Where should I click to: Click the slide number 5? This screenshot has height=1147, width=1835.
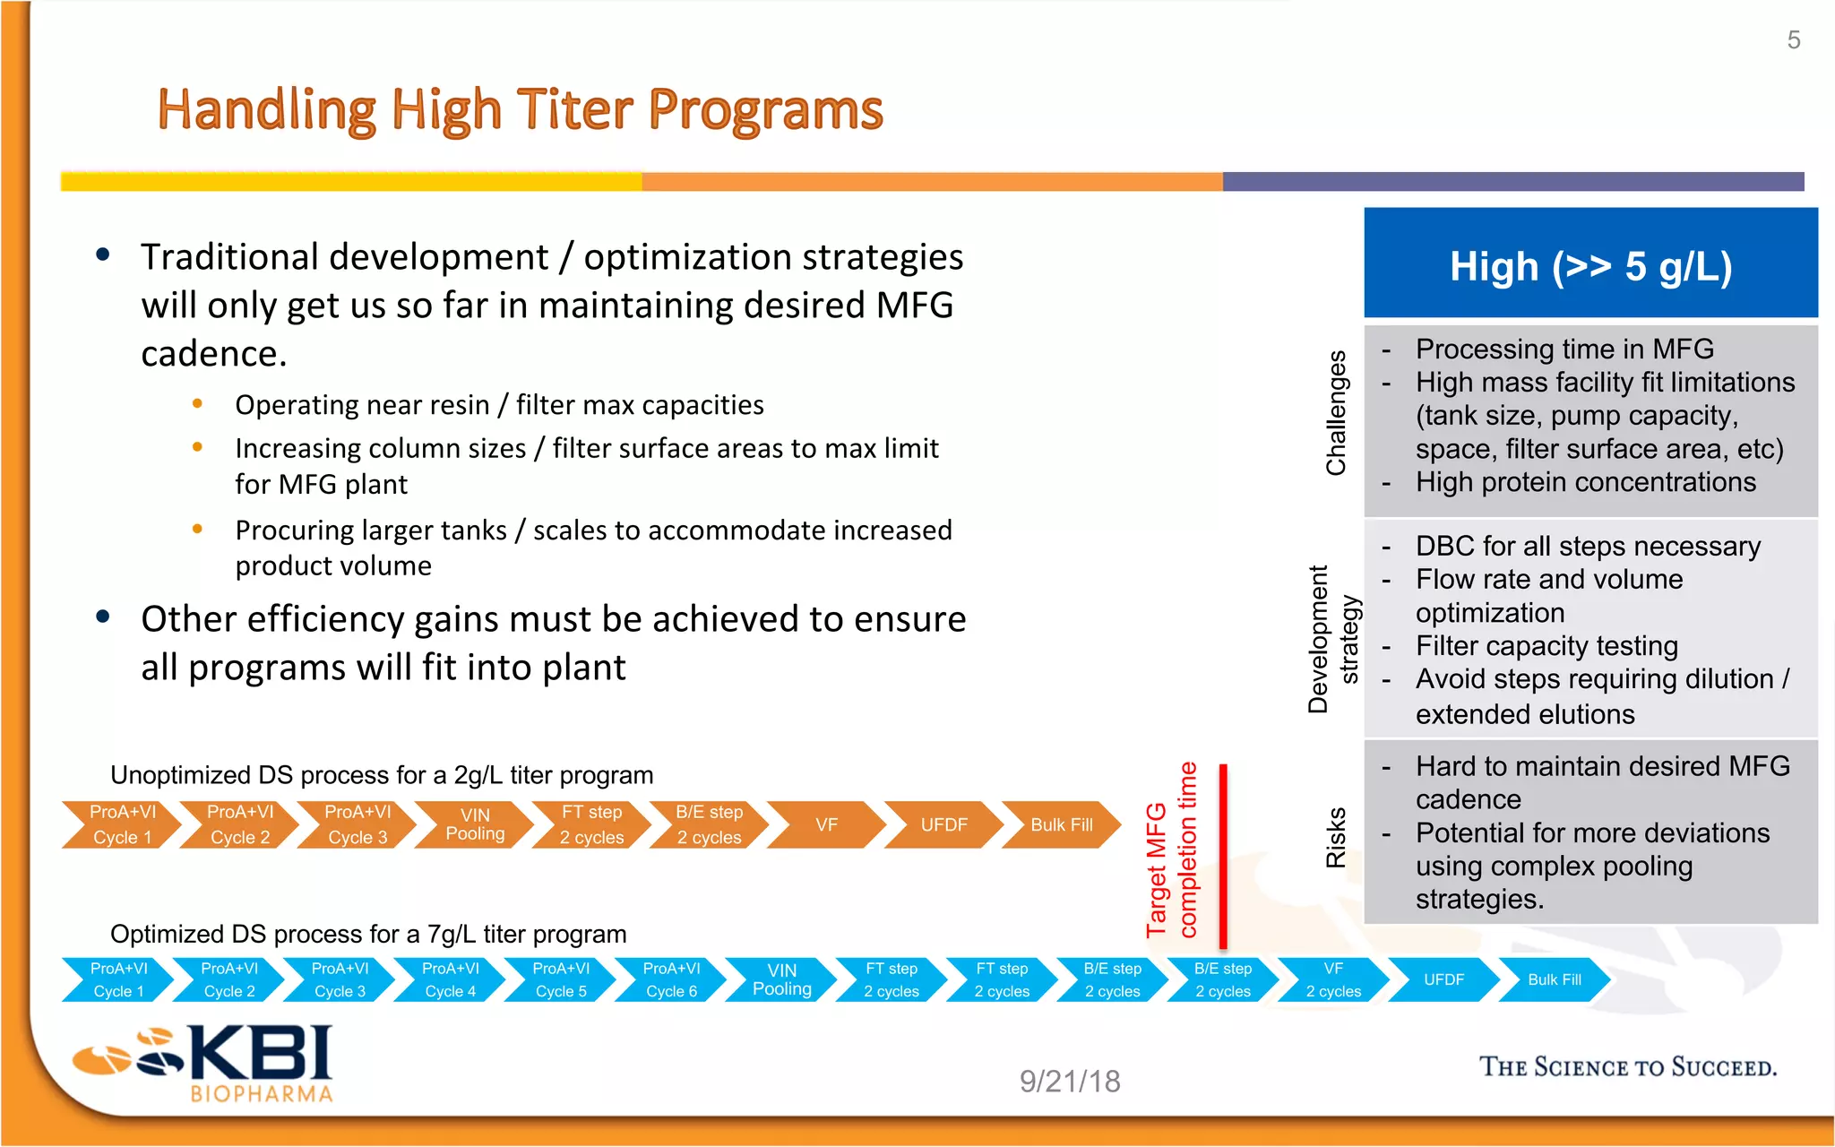pyautogui.click(x=1793, y=40)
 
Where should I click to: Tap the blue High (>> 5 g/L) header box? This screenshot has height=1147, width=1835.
pyautogui.click(x=1590, y=265)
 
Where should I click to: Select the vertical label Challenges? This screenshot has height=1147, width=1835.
pyautogui.click(x=1336, y=413)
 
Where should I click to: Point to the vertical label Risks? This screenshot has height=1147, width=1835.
pyautogui.click(x=1336, y=838)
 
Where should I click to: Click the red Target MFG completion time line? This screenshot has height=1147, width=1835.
pyautogui.click(x=1223, y=856)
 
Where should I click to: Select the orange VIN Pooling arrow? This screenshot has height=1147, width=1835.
pyautogui.click(x=476, y=824)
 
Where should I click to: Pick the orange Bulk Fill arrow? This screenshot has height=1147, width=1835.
pyautogui.click(x=1061, y=824)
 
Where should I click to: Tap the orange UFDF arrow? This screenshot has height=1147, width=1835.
pyautogui.click(x=943, y=824)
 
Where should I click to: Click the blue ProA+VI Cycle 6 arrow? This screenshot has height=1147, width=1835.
pyautogui.click(x=671, y=979)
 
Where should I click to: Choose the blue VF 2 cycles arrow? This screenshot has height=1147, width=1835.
pyautogui.click(x=1332, y=979)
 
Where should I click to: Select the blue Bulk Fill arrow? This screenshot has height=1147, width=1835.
pyautogui.click(x=1554, y=979)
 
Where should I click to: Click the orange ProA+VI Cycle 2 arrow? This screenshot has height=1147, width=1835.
pyautogui.click(x=239, y=824)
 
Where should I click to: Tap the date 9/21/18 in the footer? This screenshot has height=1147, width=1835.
pyautogui.click(x=1070, y=1082)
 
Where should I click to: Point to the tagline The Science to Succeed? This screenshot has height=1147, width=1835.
pyautogui.click(x=1627, y=1067)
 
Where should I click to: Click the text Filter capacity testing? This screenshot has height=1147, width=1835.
pyautogui.click(x=1546, y=646)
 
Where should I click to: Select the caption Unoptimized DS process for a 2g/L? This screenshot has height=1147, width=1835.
pyautogui.click(x=382, y=775)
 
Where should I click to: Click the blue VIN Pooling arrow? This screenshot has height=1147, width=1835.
pyautogui.click(x=781, y=979)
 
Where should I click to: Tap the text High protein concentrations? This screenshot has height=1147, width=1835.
pyautogui.click(x=1585, y=482)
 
